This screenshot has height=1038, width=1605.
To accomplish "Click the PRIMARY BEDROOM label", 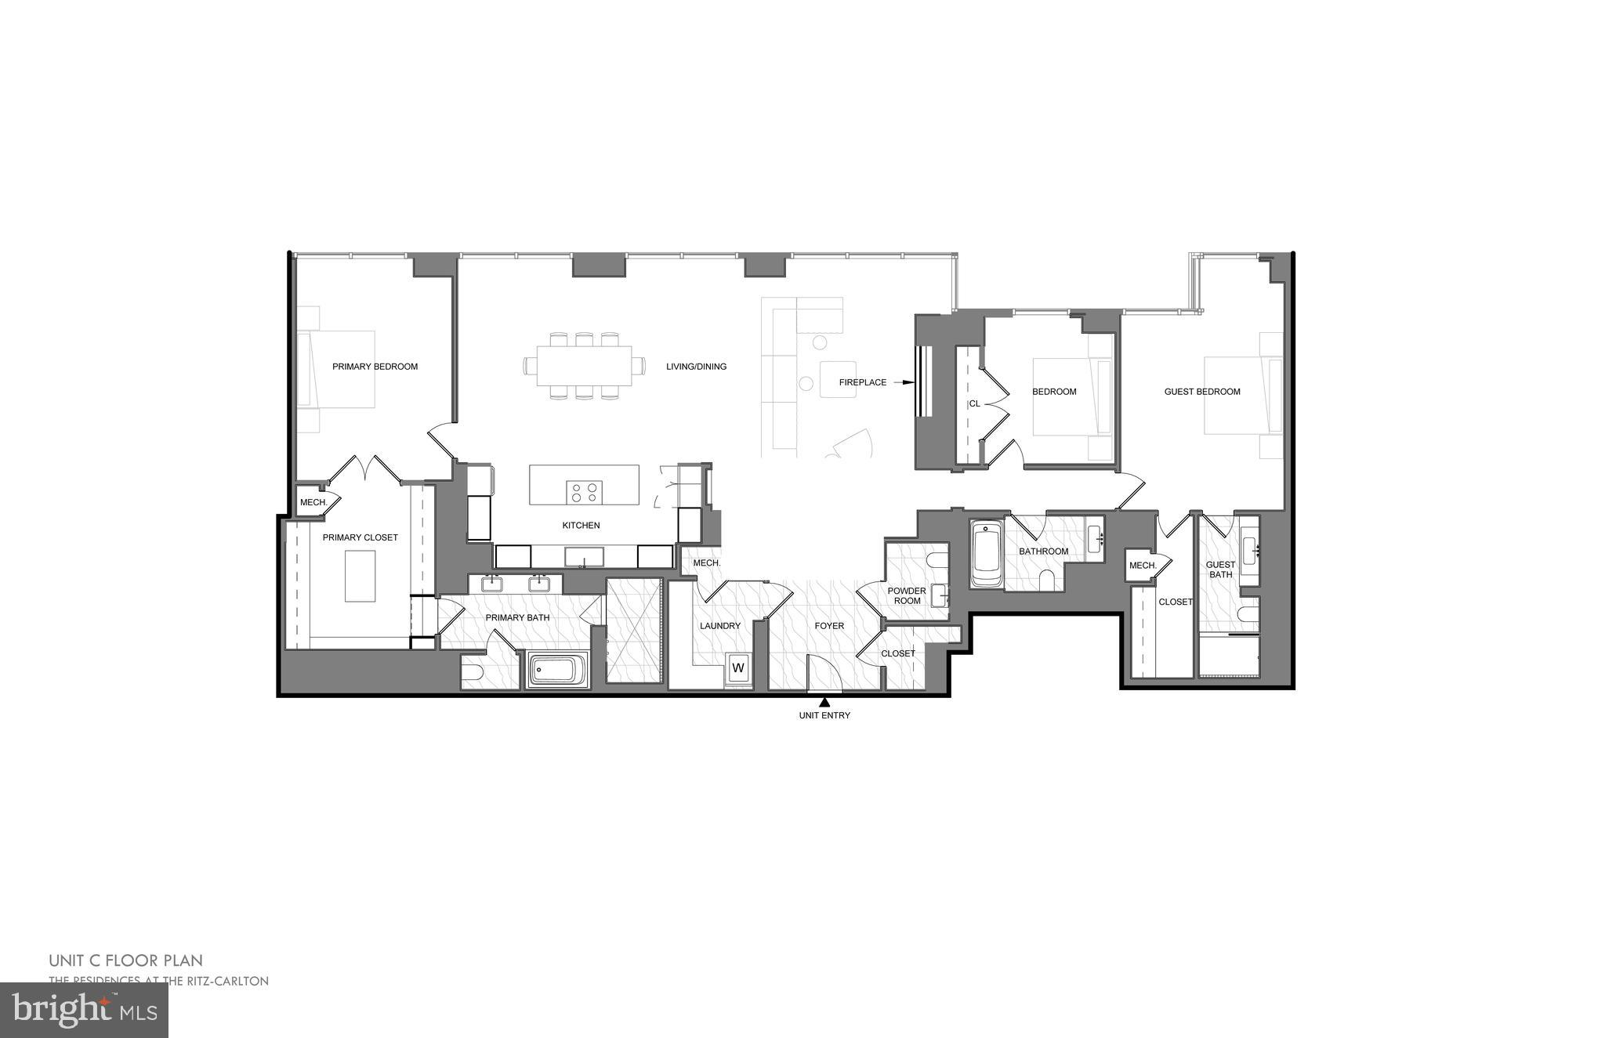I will coord(375,367).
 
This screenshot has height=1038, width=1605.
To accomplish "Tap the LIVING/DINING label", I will coord(696,367).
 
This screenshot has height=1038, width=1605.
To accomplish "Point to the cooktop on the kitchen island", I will coord(583,492).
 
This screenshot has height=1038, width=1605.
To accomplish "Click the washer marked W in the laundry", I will coord(737,668).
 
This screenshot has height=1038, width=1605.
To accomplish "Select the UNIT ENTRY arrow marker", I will coord(824,702).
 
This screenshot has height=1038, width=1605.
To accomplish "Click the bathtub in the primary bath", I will coord(558,671).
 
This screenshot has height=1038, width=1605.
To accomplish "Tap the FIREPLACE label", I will coord(862,383).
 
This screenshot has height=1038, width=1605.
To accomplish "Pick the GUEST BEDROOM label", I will coord(1201,392).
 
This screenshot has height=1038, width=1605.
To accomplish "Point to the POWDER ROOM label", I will coord(906,596).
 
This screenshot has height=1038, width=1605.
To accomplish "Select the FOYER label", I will coord(829,626).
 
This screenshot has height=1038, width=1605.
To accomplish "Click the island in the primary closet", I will coord(360,576).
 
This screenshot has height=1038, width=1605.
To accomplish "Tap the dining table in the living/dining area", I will coord(585,366).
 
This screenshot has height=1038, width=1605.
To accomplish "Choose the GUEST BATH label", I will coord(1220,570).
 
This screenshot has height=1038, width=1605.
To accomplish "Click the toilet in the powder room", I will coord(935,560).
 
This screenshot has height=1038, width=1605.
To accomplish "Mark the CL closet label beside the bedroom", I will coord(974,404).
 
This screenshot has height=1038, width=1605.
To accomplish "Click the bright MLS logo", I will coord(84,1010).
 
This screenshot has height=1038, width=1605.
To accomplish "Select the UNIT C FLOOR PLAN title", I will coord(125,960).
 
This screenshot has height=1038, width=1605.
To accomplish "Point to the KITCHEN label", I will coord(581,526).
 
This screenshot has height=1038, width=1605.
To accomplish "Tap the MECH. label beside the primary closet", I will coord(313,502).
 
